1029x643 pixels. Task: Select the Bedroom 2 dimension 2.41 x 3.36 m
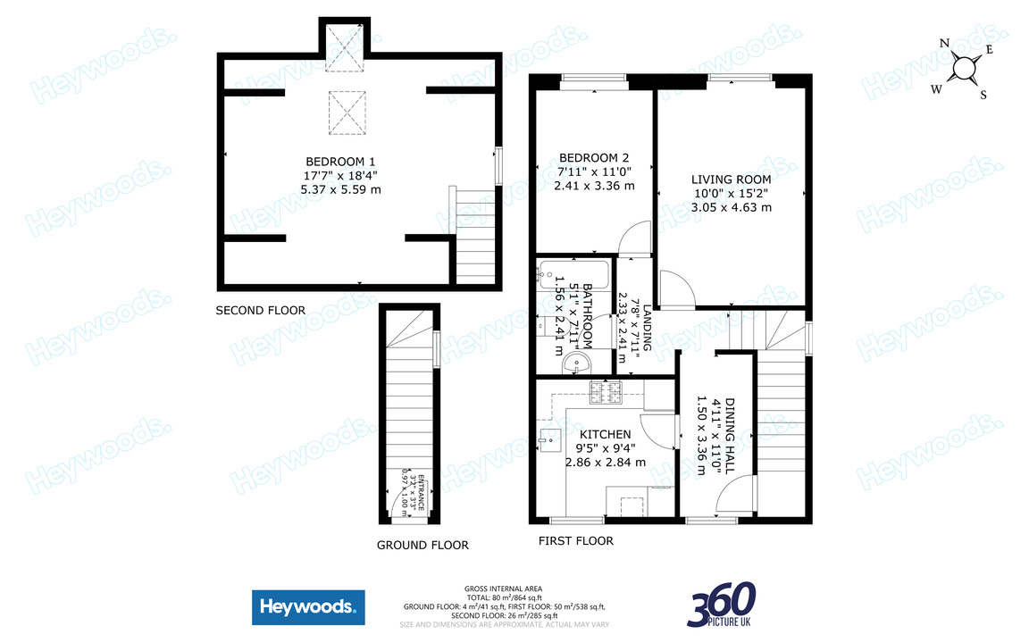tap(594, 186)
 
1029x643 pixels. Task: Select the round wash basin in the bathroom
tap(575, 363)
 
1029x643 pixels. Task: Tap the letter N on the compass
tap(944, 42)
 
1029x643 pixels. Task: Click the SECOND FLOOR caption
tap(261, 311)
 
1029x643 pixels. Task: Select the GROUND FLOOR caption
tap(422, 545)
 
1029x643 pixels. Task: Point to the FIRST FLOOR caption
tap(576, 540)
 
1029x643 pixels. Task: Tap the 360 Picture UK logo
tap(722, 605)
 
